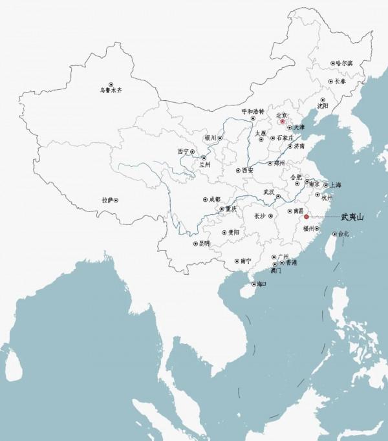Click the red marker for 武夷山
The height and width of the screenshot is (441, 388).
click(306, 217)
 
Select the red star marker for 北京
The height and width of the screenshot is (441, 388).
click(282, 121)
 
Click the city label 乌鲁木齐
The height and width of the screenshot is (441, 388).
click(111, 92)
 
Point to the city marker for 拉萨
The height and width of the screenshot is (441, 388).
click(116, 200)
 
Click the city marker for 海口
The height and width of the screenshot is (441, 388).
click(252, 284)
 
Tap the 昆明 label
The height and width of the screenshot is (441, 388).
click(205, 244)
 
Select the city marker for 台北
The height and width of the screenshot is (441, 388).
click(334, 234)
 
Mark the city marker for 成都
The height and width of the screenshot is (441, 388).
click(206, 200)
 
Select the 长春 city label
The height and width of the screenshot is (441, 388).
click(342, 82)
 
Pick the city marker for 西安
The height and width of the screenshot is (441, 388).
click(237, 171)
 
